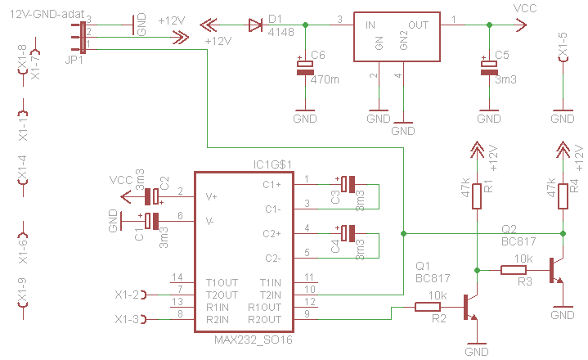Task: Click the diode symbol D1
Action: tap(255, 25)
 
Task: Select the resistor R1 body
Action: tap(477, 196)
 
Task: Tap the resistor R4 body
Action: tap(563, 196)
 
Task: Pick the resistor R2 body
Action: tap(428, 307)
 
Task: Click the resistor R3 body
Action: tap(514, 270)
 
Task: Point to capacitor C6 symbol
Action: tap(305, 67)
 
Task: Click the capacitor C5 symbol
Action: tap(489, 67)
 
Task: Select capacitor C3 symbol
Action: tap(348, 184)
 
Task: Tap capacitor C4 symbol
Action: tap(348, 233)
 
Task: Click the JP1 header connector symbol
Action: tap(83, 37)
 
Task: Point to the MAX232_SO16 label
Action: tap(254, 340)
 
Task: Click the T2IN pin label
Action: tap(271, 295)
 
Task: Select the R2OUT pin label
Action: tap(264, 319)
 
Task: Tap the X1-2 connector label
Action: tap(127, 295)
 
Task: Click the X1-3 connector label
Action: tap(127, 320)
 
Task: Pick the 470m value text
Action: tap(325, 79)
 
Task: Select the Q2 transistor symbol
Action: tap(556, 271)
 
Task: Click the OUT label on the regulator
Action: tap(418, 25)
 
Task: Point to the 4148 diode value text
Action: tap(281, 32)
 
